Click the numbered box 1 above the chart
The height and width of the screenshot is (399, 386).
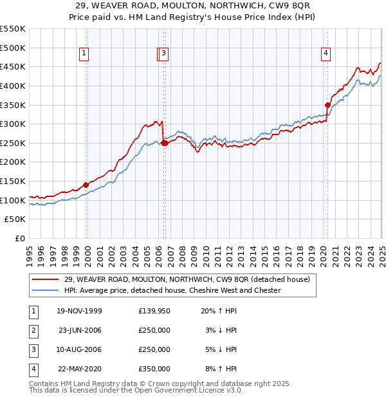85,54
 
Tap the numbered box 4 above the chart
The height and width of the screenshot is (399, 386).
326,54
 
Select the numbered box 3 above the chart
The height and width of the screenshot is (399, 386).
164,54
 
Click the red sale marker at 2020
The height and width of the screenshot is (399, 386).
327,105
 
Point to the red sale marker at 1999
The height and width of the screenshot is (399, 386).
86,185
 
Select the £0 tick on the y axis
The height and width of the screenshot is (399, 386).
20,239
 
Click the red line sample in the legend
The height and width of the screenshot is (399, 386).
45,279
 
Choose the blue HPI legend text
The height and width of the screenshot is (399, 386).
172,290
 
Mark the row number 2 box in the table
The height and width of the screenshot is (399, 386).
32,331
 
